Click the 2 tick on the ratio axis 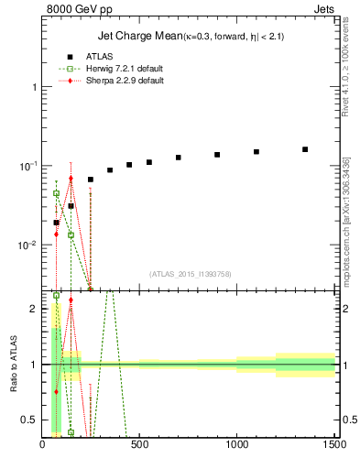coord(33,309)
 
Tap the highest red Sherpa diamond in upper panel coord(71,179)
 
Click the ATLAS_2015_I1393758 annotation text coord(189,273)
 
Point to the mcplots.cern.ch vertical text coord(348,220)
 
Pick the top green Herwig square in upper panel coord(56,193)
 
